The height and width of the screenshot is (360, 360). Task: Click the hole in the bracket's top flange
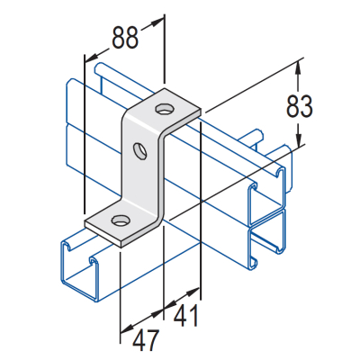pyautogui.click(x=164, y=110)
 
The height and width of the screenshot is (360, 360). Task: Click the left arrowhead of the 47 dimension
pyautogui.click(x=126, y=327)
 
